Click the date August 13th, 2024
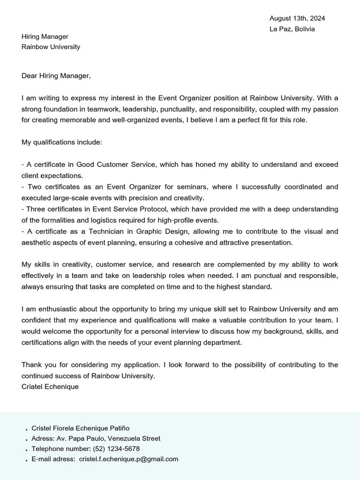click(x=297, y=18)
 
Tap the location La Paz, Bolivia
click(x=292, y=29)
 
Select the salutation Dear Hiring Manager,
click(x=56, y=75)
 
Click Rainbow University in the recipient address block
click(x=51, y=47)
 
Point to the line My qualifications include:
click(x=61, y=142)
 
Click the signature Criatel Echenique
click(x=50, y=387)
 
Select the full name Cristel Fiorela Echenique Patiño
click(x=80, y=428)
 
